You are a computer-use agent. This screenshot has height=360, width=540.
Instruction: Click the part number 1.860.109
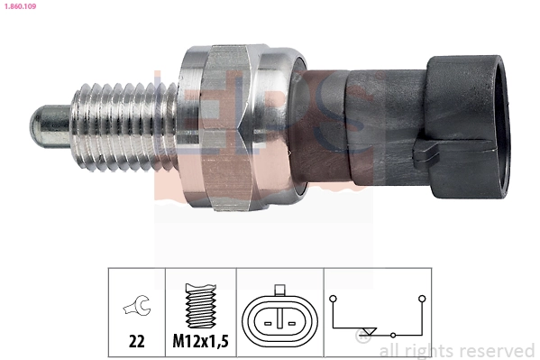click(19, 6)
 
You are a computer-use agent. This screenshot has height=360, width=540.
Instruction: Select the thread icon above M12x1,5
click(200, 307)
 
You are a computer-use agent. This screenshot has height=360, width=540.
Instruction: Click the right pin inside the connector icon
click(291, 319)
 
